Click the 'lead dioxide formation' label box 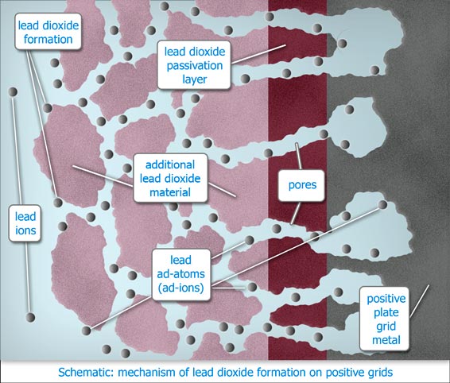pyautogui.click(x=48, y=32)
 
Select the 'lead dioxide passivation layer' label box pyautogui.click(x=194, y=65)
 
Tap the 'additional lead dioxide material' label pyautogui.click(x=170, y=178)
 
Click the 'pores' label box pyautogui.click(x=302, y=185)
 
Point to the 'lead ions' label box pyautogui.click(x=25, y=223)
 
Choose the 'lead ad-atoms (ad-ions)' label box pyautogui.click(x=180, y=274)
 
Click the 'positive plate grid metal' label pyautogui.click(x=386, y=319)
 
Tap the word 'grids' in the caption pyautogui.click(x=379, y=373)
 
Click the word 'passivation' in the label pyautogui.click(x=195, y=65)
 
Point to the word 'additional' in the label pyautogui.click(x=170, y=164)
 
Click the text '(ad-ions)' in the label pyautogui.click(x=180, y=288)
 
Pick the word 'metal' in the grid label pyautogui.click(x=386, y=340)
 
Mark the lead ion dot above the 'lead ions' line pyautogui.click(x=13, y=92)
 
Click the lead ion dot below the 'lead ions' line pyautogui.click(x=30, y=317)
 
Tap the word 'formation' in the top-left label pyautogui.click(x=48, y=39)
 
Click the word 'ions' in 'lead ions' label pyautogui.click(x=25, y=230)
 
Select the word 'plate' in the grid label pyautogui.click(x=386, y=312)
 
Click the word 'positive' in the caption pyautogui.click(x=343, y=373)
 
